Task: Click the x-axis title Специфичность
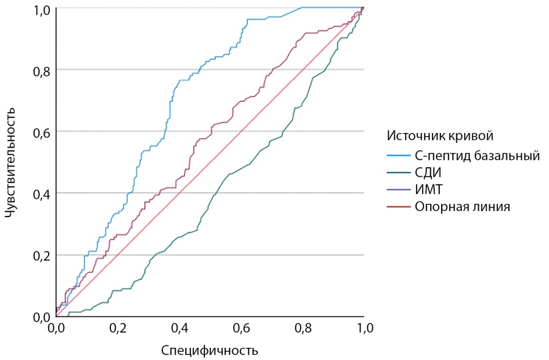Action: pos(209,351)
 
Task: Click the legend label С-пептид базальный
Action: pos(478,156)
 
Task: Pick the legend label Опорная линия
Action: pos(462,207)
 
